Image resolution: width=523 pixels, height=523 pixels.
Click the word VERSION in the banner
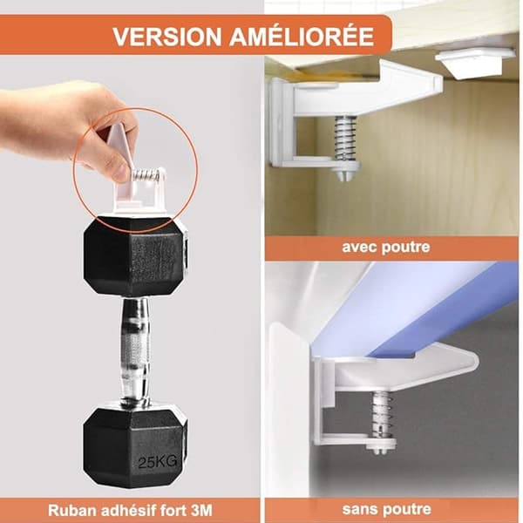click(166, 36)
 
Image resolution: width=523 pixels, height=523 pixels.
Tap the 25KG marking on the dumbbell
click(158, 462)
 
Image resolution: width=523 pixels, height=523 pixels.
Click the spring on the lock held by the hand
click(147, 175)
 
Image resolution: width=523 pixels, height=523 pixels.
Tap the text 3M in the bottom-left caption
click(202, 510)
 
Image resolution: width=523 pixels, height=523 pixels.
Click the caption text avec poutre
click(386, 248)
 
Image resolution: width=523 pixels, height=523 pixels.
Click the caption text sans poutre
click(386, 509)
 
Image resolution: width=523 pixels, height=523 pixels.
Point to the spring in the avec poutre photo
click(345, 138)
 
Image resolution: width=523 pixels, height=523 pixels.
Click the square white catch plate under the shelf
click(474, 64)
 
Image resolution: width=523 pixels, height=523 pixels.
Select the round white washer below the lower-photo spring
click(381, 443)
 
